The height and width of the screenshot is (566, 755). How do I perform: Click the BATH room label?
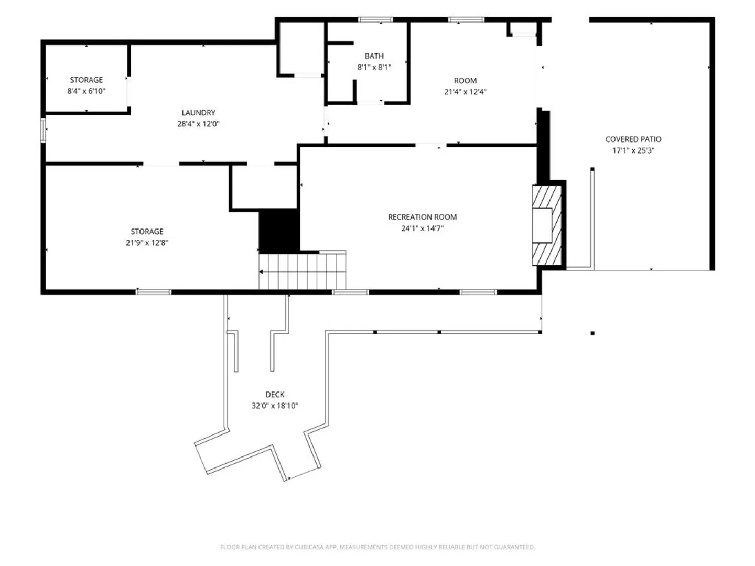click(374, 56)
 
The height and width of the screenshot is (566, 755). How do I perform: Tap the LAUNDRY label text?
click(199, 112)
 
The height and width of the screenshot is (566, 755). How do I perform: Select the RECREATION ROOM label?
click(423, 217)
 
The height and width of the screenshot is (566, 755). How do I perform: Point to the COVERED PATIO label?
click(633, 139)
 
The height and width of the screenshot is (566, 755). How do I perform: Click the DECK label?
click(275, 394)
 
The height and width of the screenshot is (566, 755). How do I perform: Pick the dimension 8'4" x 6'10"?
click(87, 91)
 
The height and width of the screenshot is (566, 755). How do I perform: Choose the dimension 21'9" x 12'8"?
click(147, 243)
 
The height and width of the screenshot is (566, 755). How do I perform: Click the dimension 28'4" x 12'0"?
click(198, 124)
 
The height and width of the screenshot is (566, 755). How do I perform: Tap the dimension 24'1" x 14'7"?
click(423, 228)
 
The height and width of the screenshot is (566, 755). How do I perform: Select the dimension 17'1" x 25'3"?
click(633, 150)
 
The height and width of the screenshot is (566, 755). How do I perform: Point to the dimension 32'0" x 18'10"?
click(275, 406)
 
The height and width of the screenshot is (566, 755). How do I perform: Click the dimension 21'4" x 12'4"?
click(465, 92)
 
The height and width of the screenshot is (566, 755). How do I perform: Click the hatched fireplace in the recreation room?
click(546, 225)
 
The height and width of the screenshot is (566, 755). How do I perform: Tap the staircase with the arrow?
click(303, 270)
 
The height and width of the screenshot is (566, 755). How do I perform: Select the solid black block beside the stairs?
click(279, 231)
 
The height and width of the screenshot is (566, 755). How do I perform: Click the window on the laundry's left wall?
click(43, 130)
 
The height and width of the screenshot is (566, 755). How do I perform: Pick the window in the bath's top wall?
click(375, 19)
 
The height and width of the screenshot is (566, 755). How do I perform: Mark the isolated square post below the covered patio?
click(592, 333)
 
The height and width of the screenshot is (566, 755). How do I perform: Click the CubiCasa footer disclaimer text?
click(377, 547)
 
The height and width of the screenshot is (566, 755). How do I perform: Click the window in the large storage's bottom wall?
click(154, 292)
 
